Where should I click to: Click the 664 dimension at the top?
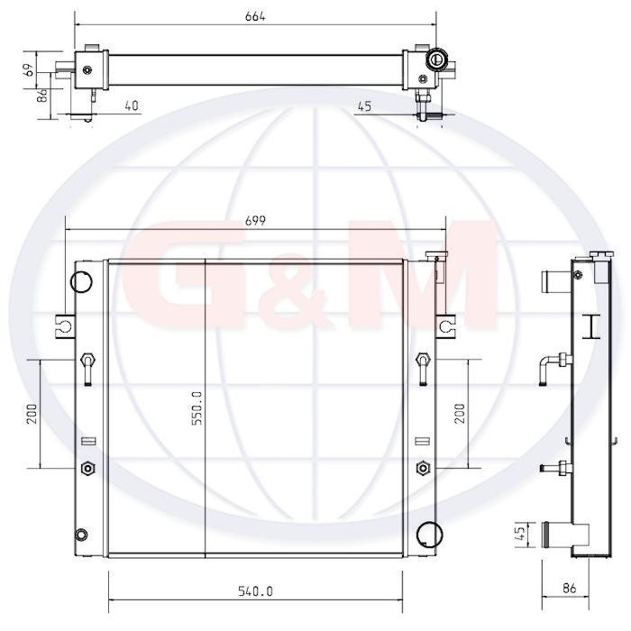click(255, 16)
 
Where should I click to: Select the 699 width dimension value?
click(255, 221)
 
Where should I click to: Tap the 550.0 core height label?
click(197, 408)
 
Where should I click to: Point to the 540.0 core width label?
click(255, 591)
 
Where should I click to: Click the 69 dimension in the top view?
click(29, 69)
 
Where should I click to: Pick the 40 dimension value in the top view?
click(132, 105)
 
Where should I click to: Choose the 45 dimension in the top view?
click(364, 106)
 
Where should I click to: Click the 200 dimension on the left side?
click(32, 414)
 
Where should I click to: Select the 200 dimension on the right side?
click(459, 413)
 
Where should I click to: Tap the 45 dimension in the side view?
click(520, 534)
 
